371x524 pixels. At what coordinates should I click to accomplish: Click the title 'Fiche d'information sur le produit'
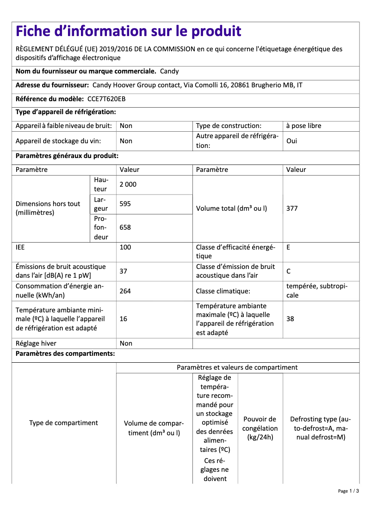tap(129, 31)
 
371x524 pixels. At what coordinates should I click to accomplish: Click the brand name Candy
tap(169, 72)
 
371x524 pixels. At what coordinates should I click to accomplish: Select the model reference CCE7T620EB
tap(106, 99)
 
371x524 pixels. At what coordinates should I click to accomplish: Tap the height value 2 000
tap(128, 184)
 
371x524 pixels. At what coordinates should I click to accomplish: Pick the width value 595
tap(125, 204)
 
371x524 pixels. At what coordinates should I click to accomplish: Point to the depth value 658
tap(125, 227)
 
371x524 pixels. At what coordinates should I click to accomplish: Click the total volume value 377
tap(292, 208)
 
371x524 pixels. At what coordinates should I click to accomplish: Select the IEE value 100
tap(125, 247)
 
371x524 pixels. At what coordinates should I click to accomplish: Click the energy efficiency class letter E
tap(288, 247)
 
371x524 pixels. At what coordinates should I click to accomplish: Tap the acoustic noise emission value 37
tap(124, 271)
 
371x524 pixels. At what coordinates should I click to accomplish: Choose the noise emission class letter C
tap(289, 271)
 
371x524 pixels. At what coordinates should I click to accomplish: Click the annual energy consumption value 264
tap(125, 291)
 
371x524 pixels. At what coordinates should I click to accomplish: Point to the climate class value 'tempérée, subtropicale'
tap(316, 291)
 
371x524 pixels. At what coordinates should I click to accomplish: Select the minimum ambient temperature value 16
tap(124, 319)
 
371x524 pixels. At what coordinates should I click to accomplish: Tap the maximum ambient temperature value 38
tap(290, 319)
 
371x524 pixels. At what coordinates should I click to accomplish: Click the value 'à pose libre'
tap(303, 126)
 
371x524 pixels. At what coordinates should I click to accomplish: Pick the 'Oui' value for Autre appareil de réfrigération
tap(292, 141)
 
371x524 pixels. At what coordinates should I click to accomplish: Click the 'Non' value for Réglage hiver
tap(126, 343)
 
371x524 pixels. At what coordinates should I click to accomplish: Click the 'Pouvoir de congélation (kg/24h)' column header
tap(260, 428)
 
